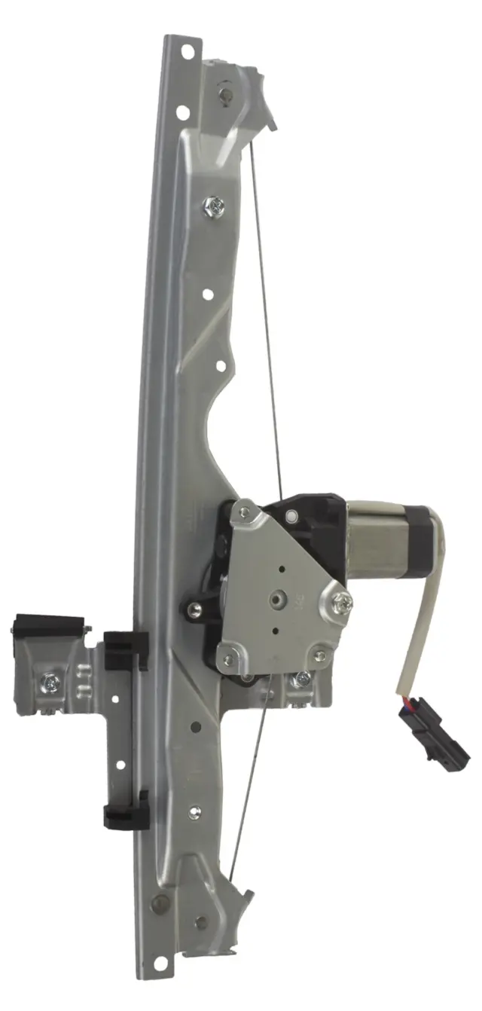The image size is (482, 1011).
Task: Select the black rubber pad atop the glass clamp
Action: [x=47, y=625]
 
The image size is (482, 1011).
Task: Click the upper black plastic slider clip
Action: [x=125, y=649]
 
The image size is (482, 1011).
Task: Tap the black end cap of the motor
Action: [x=421, y=539]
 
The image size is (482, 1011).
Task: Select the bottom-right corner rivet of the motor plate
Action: [x=319, y=655]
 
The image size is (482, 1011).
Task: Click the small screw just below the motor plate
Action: [x=302, y=680]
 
